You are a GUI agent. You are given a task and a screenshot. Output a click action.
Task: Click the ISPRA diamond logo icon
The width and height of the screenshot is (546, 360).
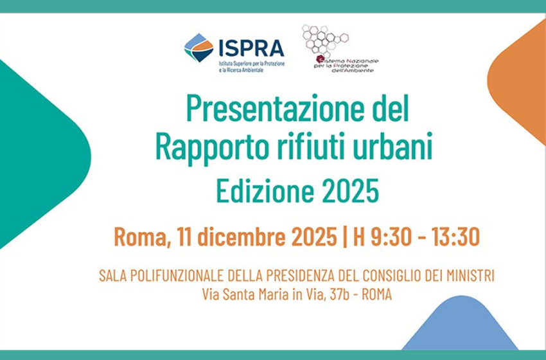coord(198,48)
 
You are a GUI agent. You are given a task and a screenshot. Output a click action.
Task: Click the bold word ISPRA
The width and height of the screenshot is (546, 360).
coord(251,47)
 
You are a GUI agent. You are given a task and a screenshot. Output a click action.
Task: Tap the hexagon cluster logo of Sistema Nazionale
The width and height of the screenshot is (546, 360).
coord(324,40)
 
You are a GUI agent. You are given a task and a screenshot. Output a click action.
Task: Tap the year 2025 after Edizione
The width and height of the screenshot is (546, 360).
coord(351,191)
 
